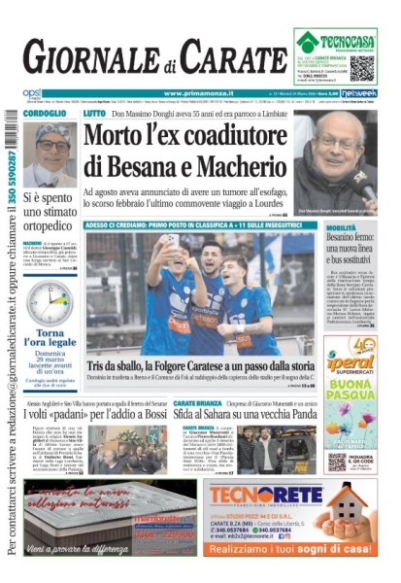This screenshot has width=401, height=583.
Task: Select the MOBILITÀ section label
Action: point(343,225)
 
